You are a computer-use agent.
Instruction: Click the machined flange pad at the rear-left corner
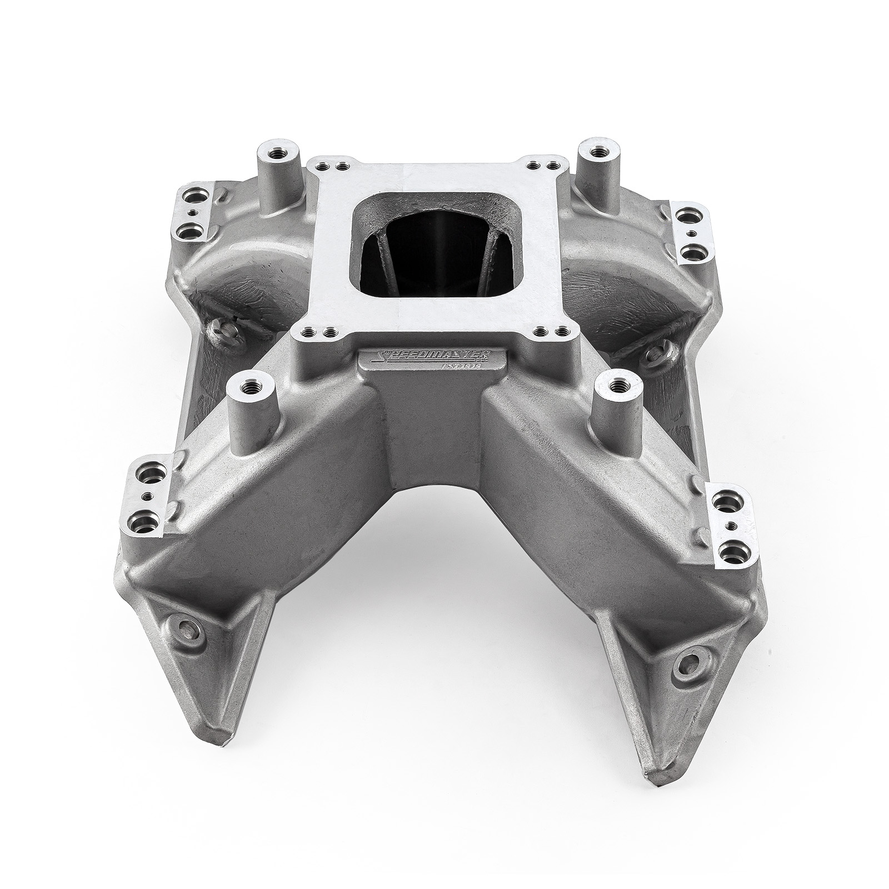(197, 212)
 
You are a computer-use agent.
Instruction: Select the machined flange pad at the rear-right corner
(688, 234)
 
